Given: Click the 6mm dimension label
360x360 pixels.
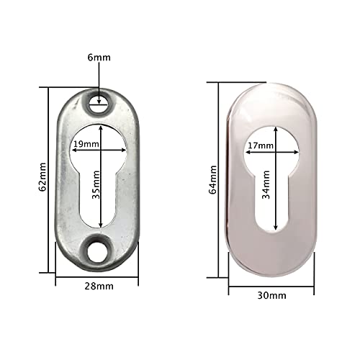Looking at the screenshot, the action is pos(99,58).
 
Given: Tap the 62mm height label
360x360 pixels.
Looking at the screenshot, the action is pos(42,177).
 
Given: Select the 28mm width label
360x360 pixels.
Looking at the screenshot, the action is pos(99,287).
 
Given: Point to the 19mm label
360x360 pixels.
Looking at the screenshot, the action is pos(86,144).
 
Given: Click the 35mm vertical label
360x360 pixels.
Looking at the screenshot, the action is pos(96,185).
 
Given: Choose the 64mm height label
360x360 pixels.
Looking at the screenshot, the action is pos(212,180).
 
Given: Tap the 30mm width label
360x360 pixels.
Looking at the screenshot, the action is pos(271,295).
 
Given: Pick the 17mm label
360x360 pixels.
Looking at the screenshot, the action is pos(261,145).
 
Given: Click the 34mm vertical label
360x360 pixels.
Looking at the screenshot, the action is pos(266,185).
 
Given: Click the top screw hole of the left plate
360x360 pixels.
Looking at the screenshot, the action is pos(99,104).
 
